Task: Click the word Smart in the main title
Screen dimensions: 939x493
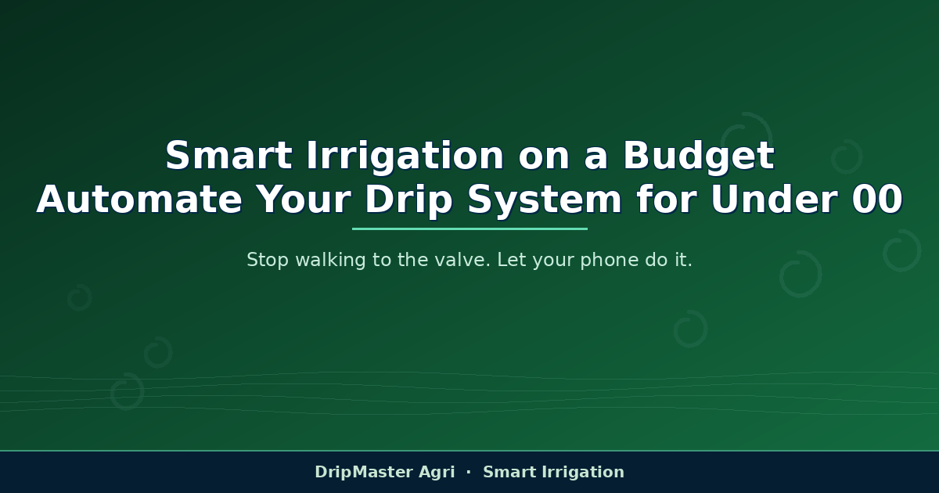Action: click(228, 156)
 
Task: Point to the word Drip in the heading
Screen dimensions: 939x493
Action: click(408, 201)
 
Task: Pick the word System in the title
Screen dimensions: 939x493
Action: click(545, 201)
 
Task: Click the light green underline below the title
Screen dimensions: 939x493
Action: click(469, 229)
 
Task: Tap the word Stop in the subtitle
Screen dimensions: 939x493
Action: click(268, 261)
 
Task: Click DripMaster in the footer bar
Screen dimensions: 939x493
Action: click(364, 473)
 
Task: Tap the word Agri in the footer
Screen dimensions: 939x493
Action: click(437, 473)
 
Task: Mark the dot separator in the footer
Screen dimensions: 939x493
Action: click(469, 473)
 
